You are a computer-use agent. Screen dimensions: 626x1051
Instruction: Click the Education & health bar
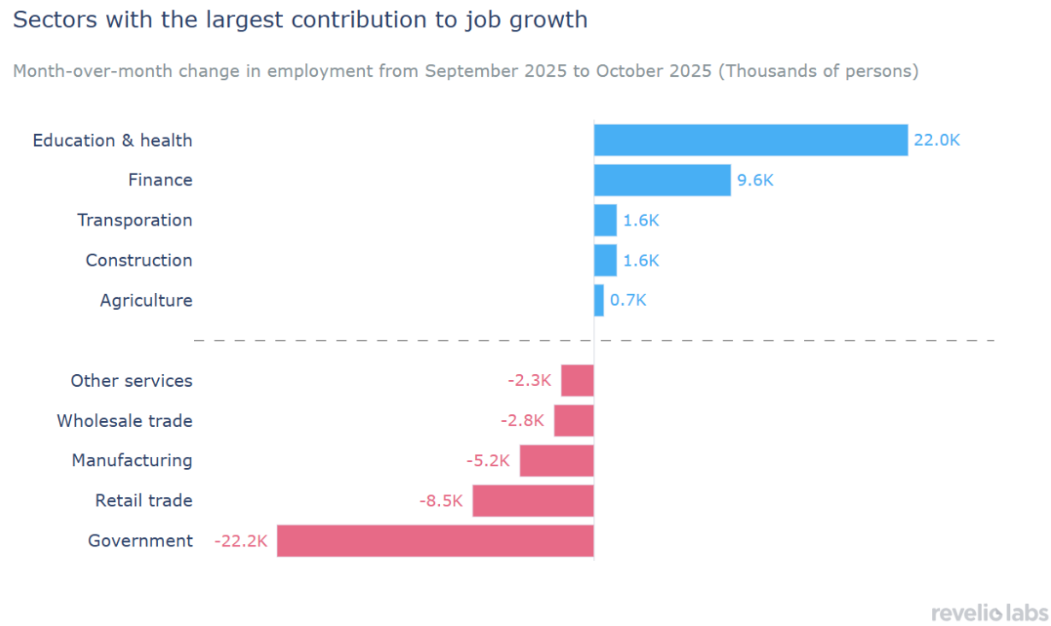(750, 140)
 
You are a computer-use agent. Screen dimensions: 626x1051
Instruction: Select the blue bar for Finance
(662, 180)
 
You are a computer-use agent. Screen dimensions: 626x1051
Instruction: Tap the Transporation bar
(605, 220)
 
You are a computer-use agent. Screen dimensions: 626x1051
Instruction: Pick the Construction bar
(605, 260)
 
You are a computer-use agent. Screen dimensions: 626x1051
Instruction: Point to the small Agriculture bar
(599, 301)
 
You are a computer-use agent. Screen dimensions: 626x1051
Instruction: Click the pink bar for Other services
(577, 381)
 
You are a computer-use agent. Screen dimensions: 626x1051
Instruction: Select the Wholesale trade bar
(573, 421)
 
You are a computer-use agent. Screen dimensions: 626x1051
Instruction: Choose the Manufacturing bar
(556, 461)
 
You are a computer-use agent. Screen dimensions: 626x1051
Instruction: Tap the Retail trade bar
(532, 501)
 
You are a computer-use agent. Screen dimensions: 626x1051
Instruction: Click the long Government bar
(435, 541)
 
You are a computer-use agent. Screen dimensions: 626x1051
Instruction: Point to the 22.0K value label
(937, 141)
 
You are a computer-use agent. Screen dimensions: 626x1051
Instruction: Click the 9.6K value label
(755, 181)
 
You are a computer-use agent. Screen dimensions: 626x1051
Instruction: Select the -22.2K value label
(241, 541)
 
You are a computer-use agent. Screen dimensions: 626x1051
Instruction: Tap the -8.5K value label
(441, 501)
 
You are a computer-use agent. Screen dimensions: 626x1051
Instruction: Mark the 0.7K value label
(628, 301)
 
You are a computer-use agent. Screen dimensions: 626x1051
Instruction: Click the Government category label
(140, 541)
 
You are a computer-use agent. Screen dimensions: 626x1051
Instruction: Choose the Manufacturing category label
(132, 461)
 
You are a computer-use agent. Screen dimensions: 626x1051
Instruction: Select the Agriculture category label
(146, 301)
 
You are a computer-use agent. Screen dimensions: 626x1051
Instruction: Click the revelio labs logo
(989, 613)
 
